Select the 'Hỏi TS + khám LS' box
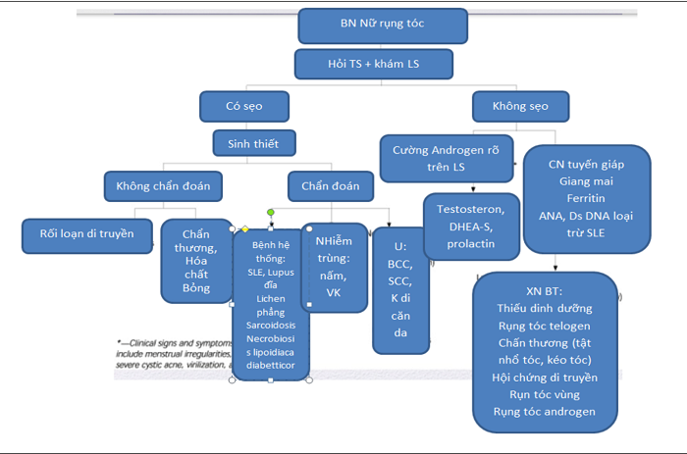373,64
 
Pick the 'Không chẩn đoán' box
163,185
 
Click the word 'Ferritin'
587,198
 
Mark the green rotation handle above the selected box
271,212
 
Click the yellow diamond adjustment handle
245,229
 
